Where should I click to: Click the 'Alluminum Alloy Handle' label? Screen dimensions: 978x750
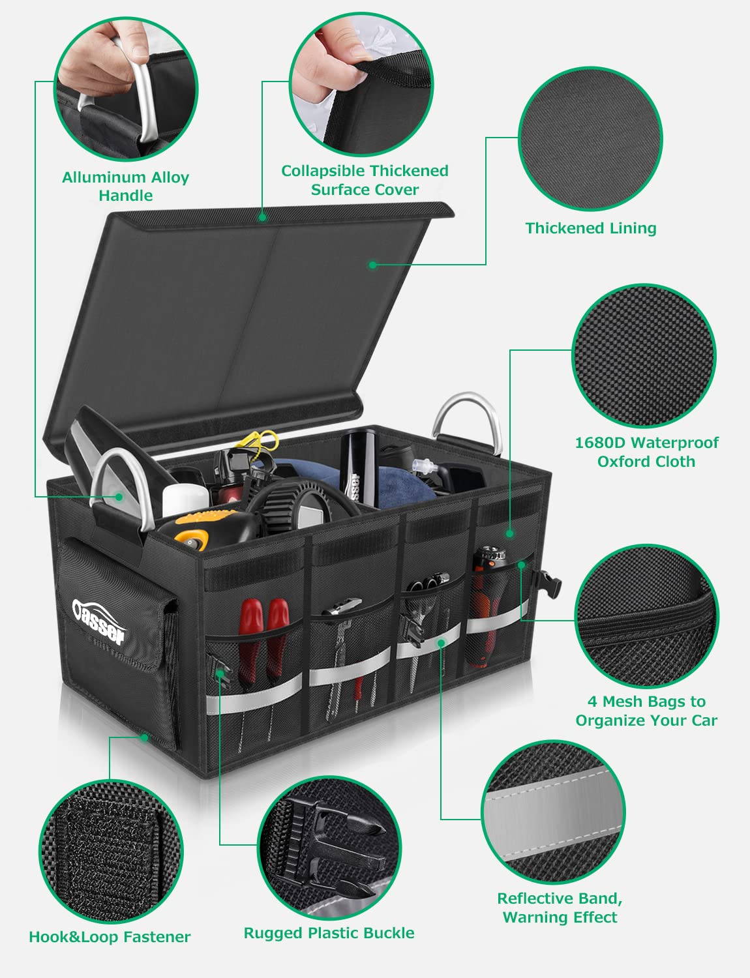click(125, 186)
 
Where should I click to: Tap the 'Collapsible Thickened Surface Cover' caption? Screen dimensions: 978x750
click(365, 180)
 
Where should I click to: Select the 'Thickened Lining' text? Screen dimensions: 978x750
click(591, 228)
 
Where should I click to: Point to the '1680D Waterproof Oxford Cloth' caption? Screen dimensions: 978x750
click(646, 452)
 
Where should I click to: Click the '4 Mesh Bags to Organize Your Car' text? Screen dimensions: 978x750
click(646, 711)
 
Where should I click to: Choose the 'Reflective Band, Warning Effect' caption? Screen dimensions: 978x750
click(560, 908)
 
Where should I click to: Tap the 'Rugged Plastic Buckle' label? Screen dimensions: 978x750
click(329, 933)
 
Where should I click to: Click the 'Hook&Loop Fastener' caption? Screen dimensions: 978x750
click(110, 937)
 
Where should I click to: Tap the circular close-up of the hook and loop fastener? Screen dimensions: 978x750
click(111, 850)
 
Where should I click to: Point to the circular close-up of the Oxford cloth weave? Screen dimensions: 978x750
click(644, 355)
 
